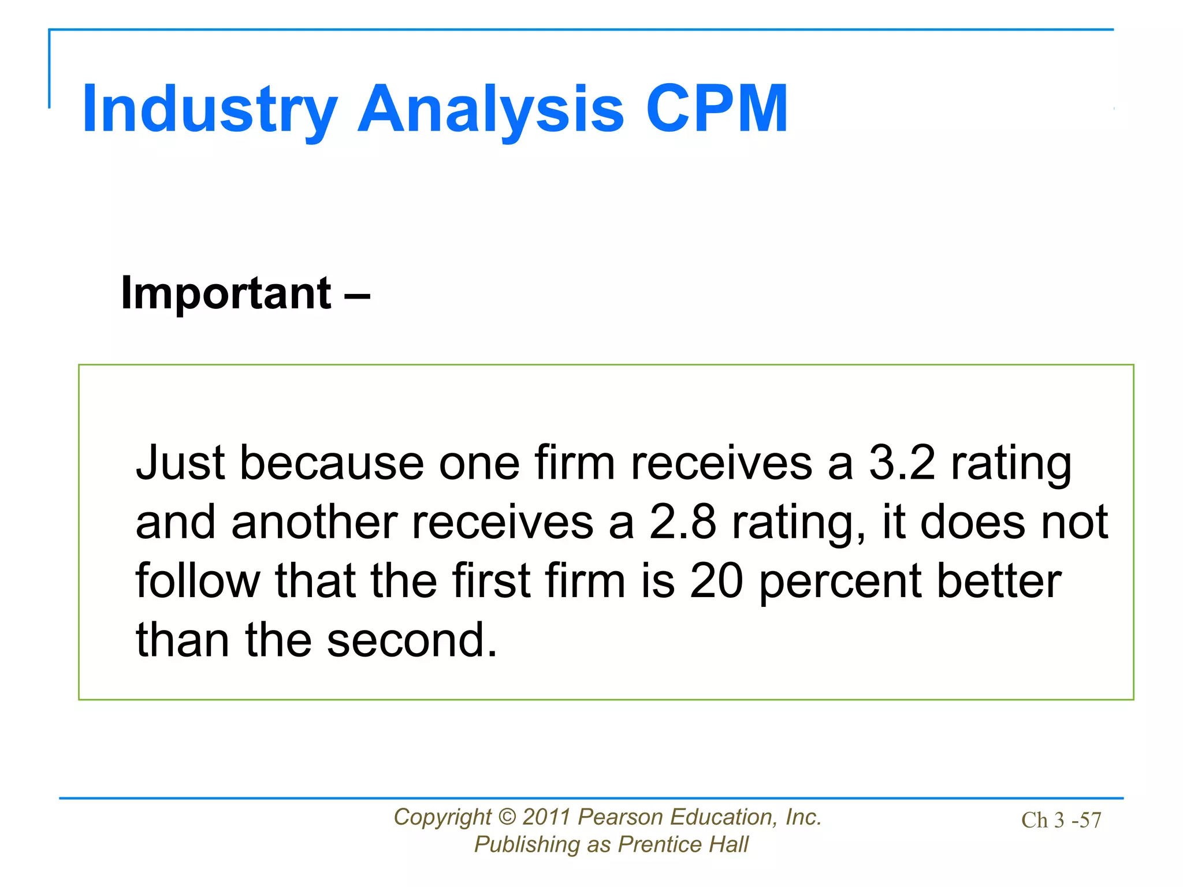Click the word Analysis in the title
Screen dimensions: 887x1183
pos(491,110)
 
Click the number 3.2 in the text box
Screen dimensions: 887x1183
pos(902,463)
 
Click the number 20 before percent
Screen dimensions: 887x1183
pos(716,581)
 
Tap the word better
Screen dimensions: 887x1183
pos(999,581)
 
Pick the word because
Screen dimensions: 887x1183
pos(332,463)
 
